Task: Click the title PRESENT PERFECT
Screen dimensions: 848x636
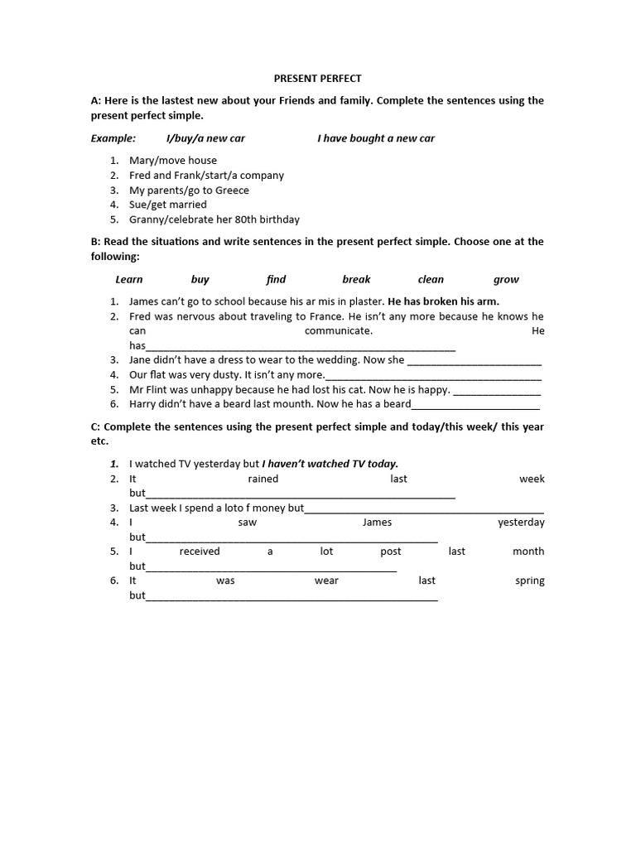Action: (x=318, y=79)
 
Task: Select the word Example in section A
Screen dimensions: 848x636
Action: (x=113, y=138)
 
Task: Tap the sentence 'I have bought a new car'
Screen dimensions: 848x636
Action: (x=376, y=138)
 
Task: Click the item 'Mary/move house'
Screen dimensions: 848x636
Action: (x=173, y=161)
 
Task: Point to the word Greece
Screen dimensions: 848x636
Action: (x=232, y=190)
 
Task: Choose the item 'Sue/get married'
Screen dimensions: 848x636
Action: (x=168, y=205)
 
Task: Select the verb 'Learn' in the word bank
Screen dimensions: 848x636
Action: (x=129, y=280)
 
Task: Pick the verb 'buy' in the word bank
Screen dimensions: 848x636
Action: (x=200, y=280)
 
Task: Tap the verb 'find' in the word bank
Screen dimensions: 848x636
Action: (x=276, y=280)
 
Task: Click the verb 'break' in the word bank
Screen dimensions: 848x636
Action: (x=356, y=280)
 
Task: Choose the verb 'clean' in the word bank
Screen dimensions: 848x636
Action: (x=431, y=280)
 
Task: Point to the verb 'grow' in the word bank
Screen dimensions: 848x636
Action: (x=506, y=280)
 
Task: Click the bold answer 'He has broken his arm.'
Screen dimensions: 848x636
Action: (x=444, y=301)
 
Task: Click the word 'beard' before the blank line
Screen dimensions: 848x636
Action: (x=396, y=404)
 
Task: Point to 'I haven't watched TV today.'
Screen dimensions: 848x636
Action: (x=330, y=464)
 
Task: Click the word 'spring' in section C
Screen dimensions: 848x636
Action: (x=529, y=581)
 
